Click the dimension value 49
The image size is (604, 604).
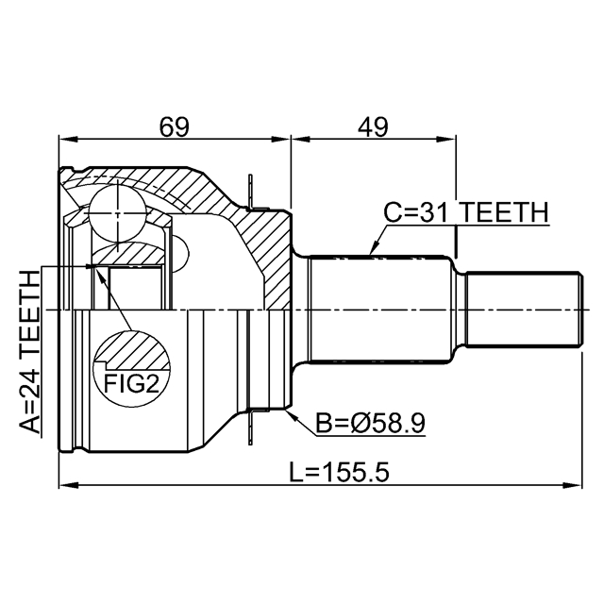point(374,126)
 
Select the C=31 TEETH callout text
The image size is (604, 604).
point(465,214)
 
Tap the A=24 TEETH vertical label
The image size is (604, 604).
point(30,352)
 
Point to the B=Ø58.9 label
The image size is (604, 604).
point(370,425)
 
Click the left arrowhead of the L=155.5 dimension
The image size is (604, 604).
point(66,487)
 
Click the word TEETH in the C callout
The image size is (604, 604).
point(504,214)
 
